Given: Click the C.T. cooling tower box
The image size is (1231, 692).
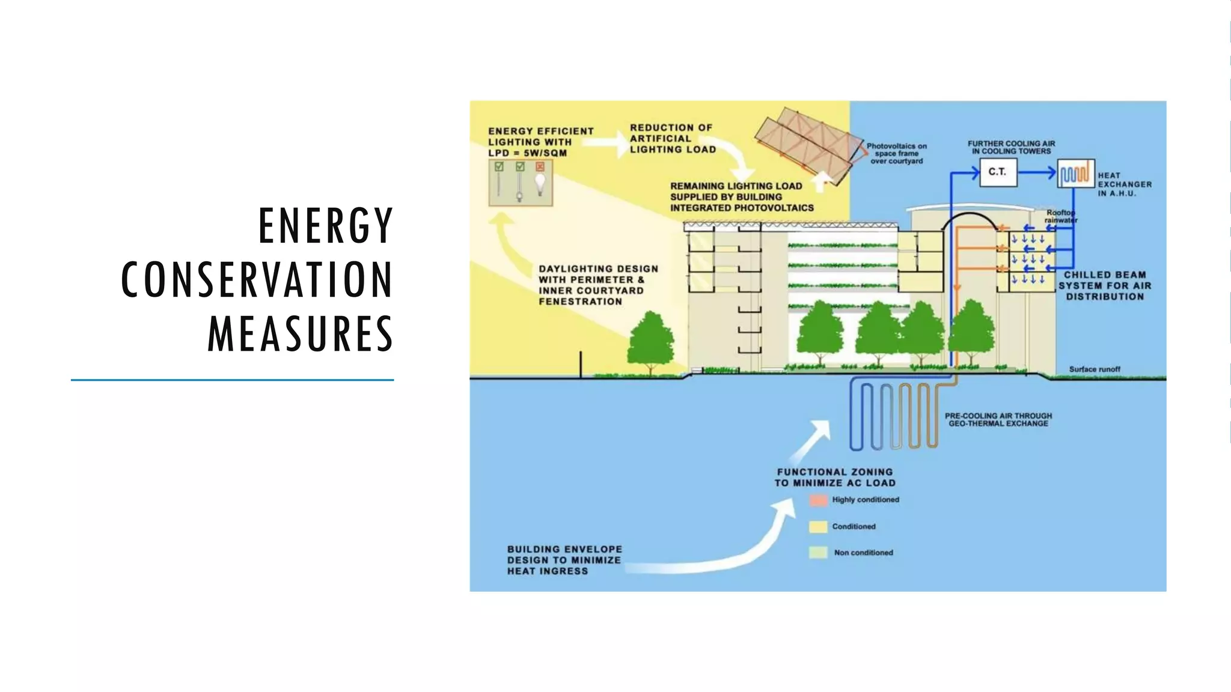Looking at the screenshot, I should (998, 172).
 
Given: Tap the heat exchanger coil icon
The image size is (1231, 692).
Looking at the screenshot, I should (1075, 174).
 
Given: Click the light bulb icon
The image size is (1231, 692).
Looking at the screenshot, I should (540, 184).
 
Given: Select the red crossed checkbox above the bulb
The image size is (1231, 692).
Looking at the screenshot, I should (540, 166).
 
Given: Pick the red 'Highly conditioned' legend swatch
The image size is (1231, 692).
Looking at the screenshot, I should (818, 500).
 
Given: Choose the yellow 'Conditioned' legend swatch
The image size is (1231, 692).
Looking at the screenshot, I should (818, 527).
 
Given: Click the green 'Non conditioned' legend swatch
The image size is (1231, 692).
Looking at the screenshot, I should (818, 553).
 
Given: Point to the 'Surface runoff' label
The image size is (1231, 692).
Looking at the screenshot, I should (1094, 369).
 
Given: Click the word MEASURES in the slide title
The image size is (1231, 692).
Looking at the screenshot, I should (300, 334).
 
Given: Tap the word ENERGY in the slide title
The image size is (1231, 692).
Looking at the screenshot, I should (326, 226).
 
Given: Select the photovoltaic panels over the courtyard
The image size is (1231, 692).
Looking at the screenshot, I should (808, 141).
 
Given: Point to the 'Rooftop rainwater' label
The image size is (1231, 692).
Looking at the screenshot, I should (1060, 216).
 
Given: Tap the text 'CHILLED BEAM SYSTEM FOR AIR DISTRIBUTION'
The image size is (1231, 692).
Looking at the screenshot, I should (1104, 285).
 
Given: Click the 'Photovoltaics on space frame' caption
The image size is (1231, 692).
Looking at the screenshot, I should (896, 154).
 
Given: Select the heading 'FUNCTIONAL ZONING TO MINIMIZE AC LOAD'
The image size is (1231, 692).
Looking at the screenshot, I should (834, 478).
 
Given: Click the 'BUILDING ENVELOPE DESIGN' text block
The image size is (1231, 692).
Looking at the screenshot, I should (564, 560).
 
